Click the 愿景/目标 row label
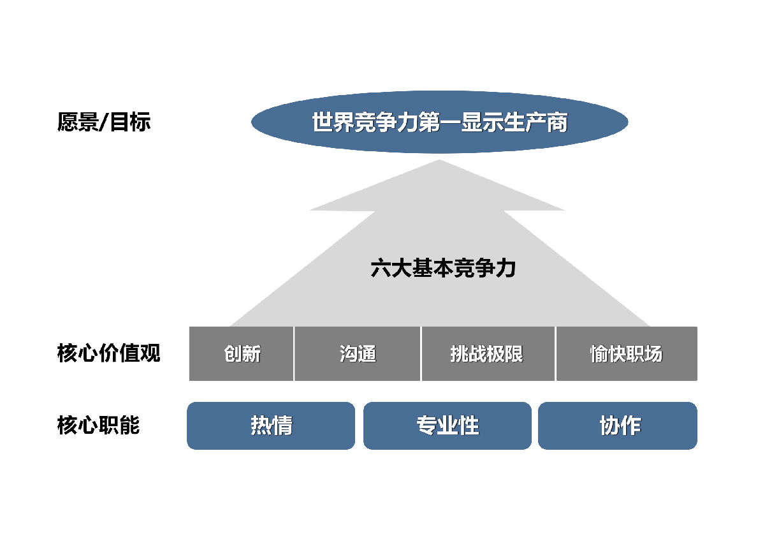[x=104, y=122]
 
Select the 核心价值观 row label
[x=108, y=353]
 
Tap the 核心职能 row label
[x=98, y=425]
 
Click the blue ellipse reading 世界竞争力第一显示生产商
[x=439, y=122]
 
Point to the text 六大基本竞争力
[x=443, y=268]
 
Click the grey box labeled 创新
[x=241, y=353]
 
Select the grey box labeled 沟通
[x=357, y=353]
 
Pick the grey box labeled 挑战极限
[x=488, y=353]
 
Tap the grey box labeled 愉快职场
[x=627, y=353]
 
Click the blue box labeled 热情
[x=271, y=426]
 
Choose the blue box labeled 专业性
[x=448, y=426]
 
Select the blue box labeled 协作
[x=618, y=426]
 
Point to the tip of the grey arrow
[x=439, y=160]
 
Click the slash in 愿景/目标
[x=104, y=122]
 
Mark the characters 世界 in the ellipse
[x=333, y=122]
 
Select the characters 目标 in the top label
[x=130, y=122]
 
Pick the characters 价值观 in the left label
[x=129, y=353]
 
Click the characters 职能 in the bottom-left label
[x=119, y=425]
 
